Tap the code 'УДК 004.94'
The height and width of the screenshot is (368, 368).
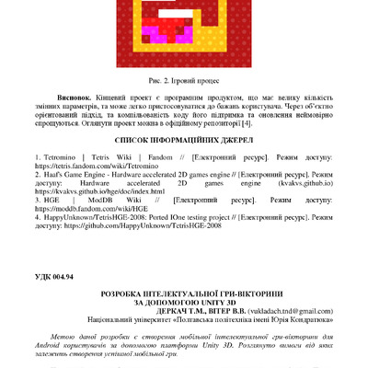pos(61,278)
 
